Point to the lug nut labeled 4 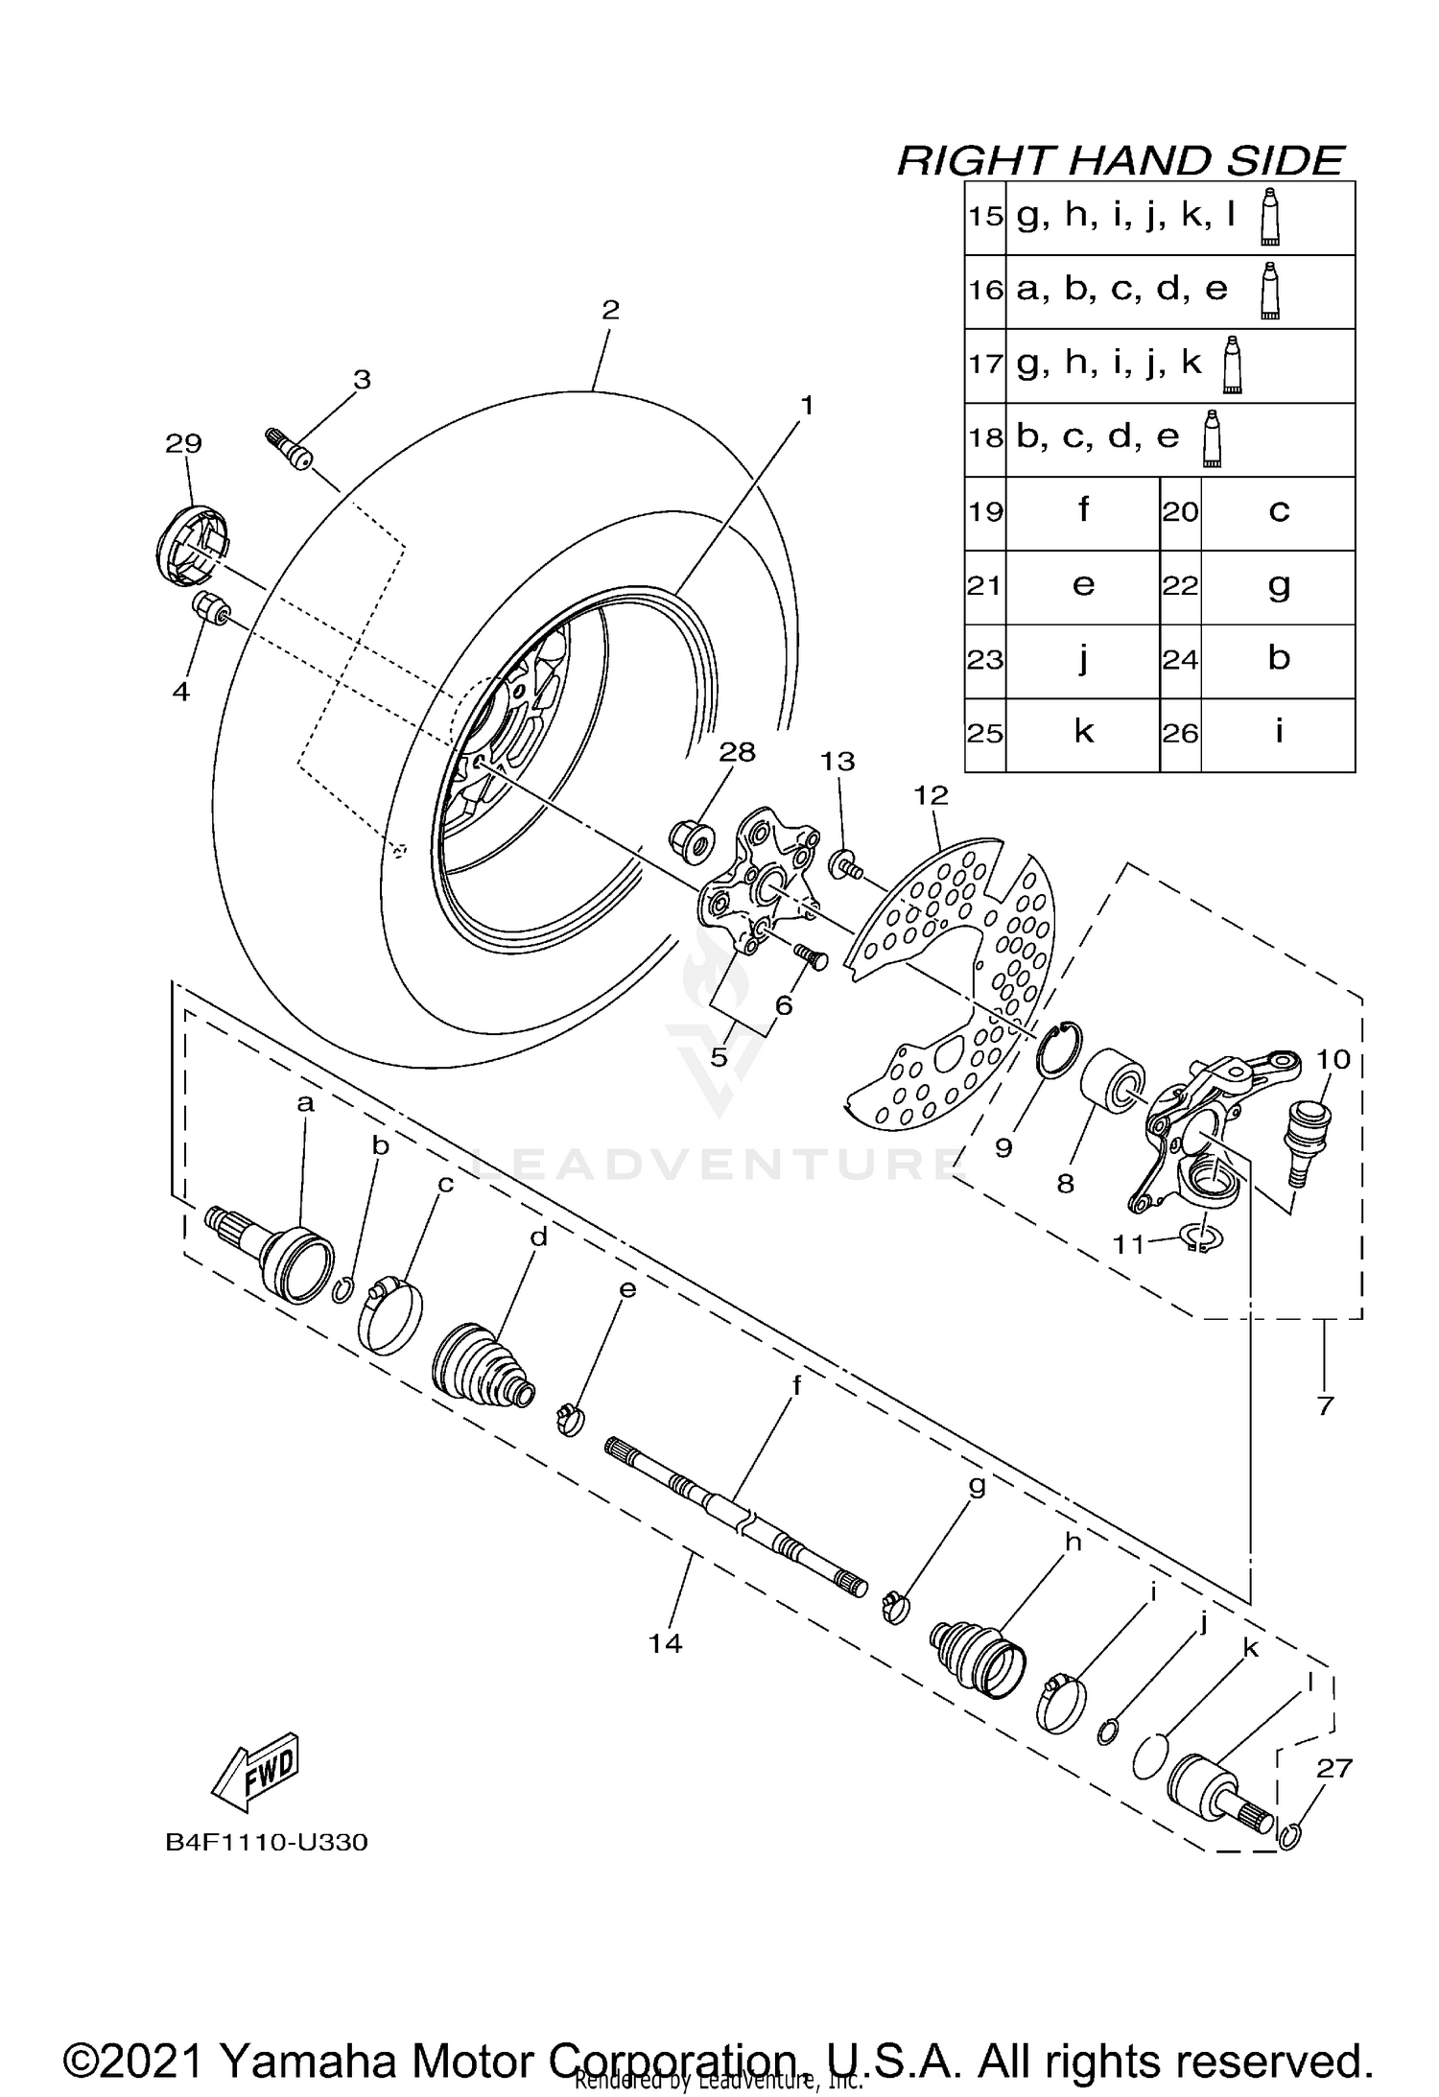tap(209, 608)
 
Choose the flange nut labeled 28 tap(690, 840)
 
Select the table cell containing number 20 tap(1181, 512)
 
